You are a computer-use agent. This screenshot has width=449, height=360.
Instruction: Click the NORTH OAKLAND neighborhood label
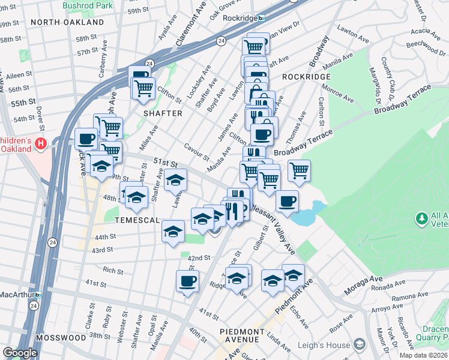click(x=67, y=22)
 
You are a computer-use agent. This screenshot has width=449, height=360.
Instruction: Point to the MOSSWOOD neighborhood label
click(x=61, y=338)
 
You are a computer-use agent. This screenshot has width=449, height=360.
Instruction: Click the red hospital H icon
click(x=41, y=144)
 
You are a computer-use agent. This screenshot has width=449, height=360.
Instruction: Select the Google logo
click(x=20, y=353)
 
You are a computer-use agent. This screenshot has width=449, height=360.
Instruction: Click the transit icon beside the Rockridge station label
click(x=261, y=18)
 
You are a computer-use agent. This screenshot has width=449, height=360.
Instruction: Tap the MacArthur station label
click(x=16, y=295)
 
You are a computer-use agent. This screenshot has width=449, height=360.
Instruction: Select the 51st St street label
click(x=166, y=163)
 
